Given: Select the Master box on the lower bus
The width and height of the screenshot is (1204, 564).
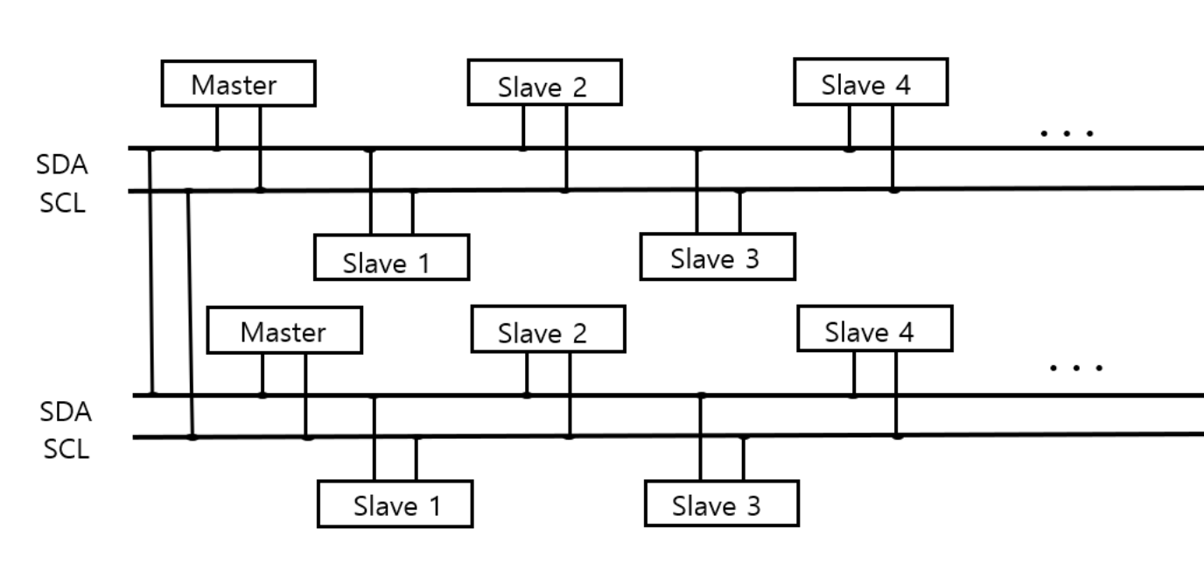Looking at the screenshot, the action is click(284, 331).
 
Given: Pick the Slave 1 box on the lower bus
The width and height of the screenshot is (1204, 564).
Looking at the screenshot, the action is click(395, 504).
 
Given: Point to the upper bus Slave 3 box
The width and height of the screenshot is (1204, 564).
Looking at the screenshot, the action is click(717, 257).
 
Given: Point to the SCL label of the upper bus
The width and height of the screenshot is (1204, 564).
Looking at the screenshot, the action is click(62, 205).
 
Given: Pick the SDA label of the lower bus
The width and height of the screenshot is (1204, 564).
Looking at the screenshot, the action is click(66, 411).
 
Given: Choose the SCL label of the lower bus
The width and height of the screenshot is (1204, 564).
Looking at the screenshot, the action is click(66, 450).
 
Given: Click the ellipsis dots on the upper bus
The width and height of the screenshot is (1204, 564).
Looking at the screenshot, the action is click(1066, 134).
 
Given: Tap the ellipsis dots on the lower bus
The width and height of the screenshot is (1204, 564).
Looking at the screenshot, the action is click(1075, 367).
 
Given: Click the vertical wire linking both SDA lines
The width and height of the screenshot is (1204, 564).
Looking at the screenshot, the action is click(152, 271).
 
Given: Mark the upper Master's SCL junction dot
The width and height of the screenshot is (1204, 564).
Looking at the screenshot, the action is click(260, 189).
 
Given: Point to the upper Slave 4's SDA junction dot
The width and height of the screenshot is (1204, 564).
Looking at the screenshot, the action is click(849, 149).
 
